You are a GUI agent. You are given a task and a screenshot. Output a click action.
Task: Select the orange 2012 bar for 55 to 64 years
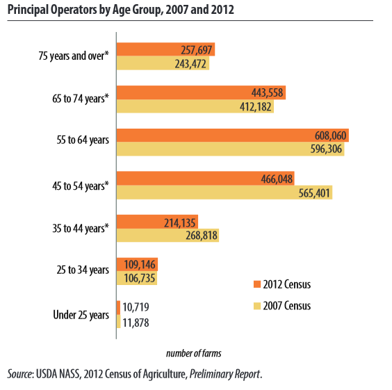(233, 136)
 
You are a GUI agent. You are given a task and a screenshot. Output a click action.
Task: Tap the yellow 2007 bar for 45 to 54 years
(224, 193)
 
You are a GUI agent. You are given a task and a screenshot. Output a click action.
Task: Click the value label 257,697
(197, 50)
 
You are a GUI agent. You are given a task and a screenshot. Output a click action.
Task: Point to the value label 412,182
(256, 107)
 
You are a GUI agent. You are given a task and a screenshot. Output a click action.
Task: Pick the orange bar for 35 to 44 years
(157, 222)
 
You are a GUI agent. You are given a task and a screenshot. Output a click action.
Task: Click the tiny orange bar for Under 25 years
(118, 307)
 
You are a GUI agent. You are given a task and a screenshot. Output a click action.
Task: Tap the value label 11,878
(136, 323)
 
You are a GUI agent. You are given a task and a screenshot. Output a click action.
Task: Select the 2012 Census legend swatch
(257, 284)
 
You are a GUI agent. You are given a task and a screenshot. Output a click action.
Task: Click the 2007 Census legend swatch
(257, 306)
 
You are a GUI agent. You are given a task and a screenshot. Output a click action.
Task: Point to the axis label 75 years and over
(74, 56)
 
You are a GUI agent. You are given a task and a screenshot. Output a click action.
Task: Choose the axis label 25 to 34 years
(83, 270)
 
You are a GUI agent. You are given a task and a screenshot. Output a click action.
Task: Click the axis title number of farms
(194, 353)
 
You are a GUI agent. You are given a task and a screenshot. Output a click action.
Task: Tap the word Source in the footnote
(19, 374)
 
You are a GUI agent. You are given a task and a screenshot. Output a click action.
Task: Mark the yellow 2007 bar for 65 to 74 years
(195, 106)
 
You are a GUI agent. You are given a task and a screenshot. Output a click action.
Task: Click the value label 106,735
(140, 278)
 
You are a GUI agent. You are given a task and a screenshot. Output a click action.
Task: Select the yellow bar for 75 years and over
(163, 63)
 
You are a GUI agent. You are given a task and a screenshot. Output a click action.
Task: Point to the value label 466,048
(277, 179)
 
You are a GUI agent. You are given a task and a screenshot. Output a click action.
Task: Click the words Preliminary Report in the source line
(224, 374)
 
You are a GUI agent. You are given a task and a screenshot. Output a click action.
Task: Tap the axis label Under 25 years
(81, 315)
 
